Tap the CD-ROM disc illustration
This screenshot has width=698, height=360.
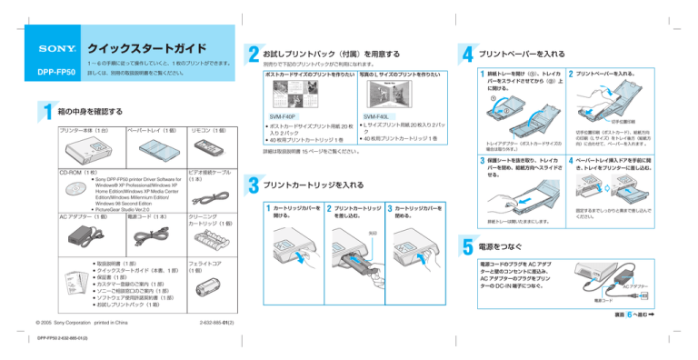71,189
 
